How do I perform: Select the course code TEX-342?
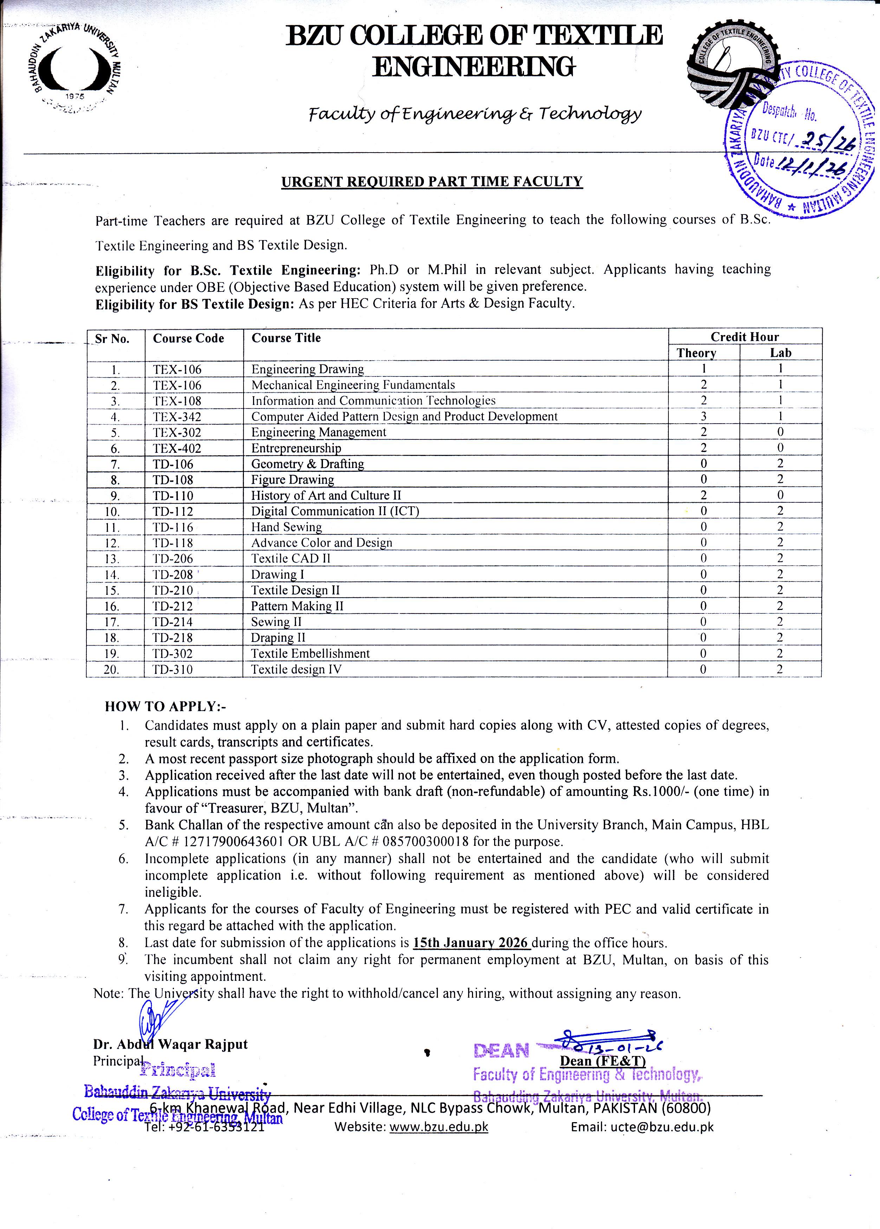pos(177,417)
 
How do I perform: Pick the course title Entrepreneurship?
pos(296,448)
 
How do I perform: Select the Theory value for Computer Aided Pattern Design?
pos(703,416)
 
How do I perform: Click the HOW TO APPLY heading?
pos(165,707)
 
